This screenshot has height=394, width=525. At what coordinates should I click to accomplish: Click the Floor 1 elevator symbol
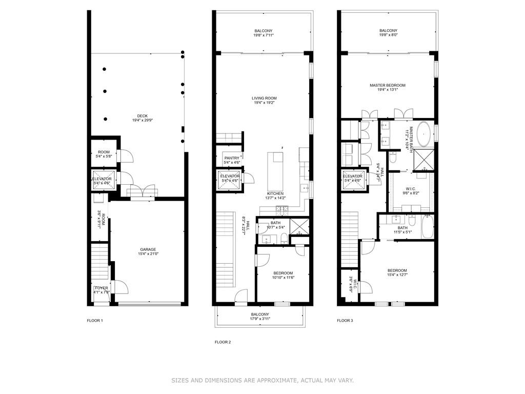(x=101, y=181)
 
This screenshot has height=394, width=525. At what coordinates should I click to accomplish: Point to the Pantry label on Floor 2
(x=228, y=160)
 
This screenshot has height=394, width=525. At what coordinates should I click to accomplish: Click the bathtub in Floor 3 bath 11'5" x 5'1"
(x=428, y=228)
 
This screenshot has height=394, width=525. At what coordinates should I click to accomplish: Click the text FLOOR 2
(x=223, y=342)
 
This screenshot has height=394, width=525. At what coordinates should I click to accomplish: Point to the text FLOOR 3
(x=345, y=321)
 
